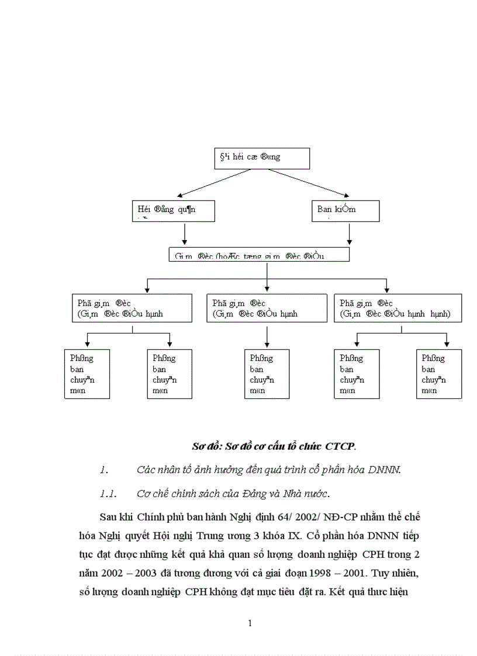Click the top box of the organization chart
(x=262, y=158)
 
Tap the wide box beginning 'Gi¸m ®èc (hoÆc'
(x=259, y=255)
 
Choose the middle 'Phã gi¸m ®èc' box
(x=267, y=308)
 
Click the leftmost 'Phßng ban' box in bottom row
(x=87, y=374)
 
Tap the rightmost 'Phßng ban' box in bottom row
(x=439, y=374)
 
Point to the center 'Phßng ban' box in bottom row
(x=267, y=374)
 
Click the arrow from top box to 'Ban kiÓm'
(x=310, y=183)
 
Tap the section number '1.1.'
(x=109, y=494)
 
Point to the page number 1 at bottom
(x=250, y=623)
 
